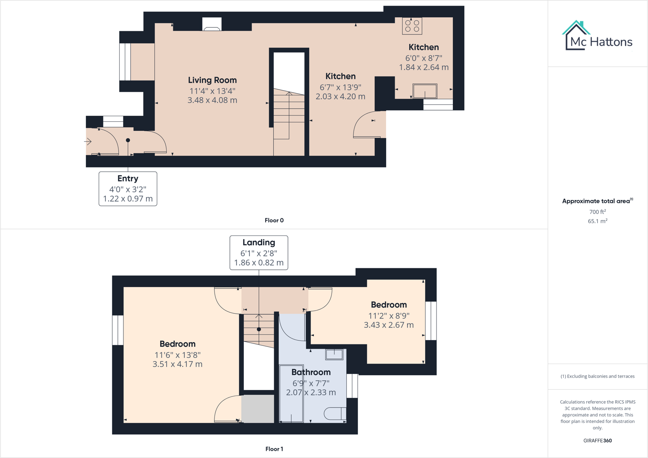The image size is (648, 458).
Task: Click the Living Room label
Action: pyautogui.click(x=212, y=80)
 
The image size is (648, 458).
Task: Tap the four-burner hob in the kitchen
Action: pyautogui.click(x=412, y=26)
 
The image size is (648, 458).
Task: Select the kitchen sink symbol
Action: pyautogui.click(x=425, y=91)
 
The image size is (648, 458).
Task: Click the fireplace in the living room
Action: pyautogui.click(x=212, y=25)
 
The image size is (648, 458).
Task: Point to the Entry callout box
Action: pyautogui.click(x=128, y=189)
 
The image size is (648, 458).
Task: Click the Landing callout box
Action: pyautogui.click(x=259, y=252)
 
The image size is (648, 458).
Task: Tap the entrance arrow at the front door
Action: pyautogui.click(x=88, y=141)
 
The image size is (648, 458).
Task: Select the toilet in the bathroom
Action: pyautogui.click(x=335, y=414)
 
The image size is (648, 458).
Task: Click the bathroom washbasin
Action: pyautogui.click(x=334, y=354)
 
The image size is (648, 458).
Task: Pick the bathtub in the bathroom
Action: pyautogui.click(x=291, y=393)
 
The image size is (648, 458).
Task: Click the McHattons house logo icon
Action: pyautogui.click(x=576, y=35)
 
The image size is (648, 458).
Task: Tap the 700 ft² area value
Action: pyautogui.click(x=597, y=212)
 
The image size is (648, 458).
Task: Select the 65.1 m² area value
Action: pyautogui.click(x=597, y=221)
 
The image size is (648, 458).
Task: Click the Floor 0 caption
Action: pyautogui.click(x=274, y=220)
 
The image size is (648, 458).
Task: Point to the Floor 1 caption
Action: pyautogui.click(x=274, y=449)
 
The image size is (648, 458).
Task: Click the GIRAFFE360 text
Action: pyautogui.click(x=597, y=440)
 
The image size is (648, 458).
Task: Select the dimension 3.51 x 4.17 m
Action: pyautogui.click(x=177, y=364)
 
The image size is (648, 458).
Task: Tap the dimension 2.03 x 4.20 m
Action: pyautogui.click(x=340, y=97)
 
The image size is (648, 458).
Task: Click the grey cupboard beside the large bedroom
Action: pyautogui.click(x=258, y=408)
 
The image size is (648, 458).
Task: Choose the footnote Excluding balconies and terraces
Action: pyautogui.click(x=597, y=376)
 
